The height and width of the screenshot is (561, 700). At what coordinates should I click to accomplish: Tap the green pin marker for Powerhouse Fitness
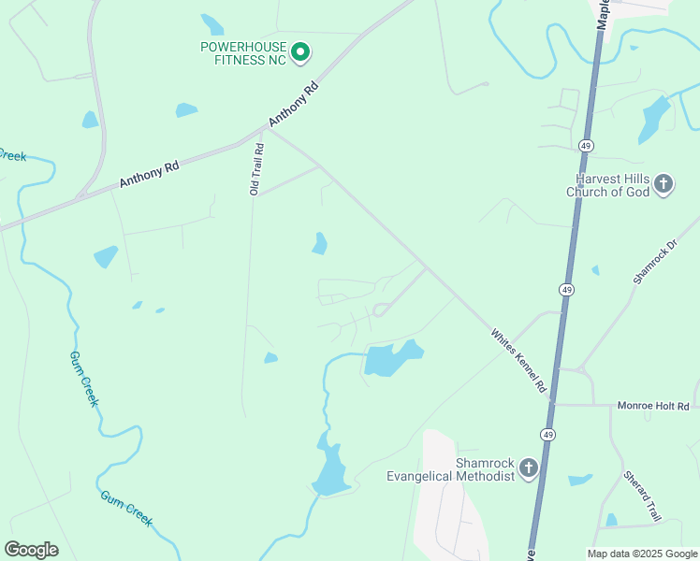coord(300,52)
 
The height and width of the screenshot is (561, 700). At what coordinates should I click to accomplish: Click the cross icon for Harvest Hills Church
coord(663,183)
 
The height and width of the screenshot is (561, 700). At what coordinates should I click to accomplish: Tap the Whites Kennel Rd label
coord(518,360)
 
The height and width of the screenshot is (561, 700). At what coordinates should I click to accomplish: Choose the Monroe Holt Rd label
coord(652,406)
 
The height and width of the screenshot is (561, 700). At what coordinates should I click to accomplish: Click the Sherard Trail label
coord(643,495)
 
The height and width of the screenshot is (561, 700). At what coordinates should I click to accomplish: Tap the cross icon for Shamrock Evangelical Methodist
coord(529,467)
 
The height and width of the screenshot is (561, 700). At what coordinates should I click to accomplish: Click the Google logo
coord(31,550)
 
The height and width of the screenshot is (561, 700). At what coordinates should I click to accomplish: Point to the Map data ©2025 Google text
coord(642,554)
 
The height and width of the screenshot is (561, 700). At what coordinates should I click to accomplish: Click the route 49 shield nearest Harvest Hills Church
coord(586,146)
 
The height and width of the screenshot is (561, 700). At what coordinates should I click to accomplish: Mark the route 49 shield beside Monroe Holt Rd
coord(547,434)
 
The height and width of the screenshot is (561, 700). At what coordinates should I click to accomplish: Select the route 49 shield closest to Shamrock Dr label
coord(567,290)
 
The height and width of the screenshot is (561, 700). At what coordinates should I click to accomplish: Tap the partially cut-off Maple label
coord(604,14)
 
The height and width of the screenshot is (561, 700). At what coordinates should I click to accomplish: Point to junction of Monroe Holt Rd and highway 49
coord(554,405)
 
